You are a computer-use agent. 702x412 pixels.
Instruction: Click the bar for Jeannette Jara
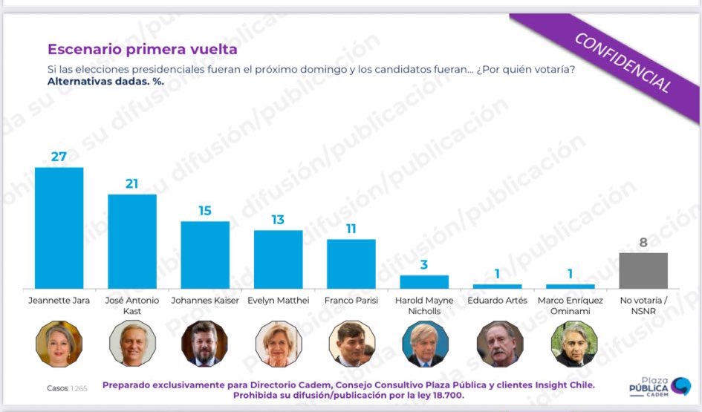[x=59, y=228]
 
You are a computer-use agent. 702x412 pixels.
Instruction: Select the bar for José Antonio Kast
[x=132, y=241]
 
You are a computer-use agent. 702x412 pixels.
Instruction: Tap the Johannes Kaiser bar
[x=205, y=255]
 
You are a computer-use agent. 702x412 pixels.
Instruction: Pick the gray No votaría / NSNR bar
[x=643, y=270]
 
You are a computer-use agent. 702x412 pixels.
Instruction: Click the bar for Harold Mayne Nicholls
[x=424, y=282]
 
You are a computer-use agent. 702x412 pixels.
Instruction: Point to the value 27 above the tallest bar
[x=59, y=156]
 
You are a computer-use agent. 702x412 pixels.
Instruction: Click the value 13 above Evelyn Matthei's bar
[x=278, y=220]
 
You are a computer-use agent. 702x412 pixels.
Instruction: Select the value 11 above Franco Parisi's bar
[x=351, y=229]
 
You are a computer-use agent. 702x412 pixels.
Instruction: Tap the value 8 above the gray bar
[x=643, y=242]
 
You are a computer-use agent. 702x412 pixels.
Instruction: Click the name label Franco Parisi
[x=351, y=301]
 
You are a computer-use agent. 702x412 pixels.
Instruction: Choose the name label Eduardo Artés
[x=497, y=301]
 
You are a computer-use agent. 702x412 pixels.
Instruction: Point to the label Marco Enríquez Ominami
[x=571, y=306]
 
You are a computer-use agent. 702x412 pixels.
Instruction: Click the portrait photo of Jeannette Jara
[x=59, y=344]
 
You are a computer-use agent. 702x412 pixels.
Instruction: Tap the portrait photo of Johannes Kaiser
[x=204, y=344]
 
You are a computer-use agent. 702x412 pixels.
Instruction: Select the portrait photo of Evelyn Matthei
[x=279, y=344]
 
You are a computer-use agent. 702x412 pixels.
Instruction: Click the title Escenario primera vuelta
[x=143, y=50]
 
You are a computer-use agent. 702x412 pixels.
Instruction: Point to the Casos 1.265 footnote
[x=66, y=388]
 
